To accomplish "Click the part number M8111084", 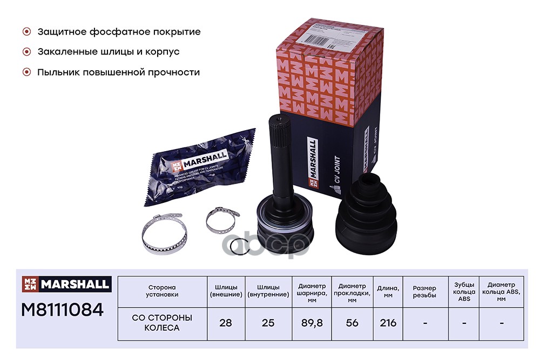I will click(x=62, y=309).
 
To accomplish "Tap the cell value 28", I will click(x=226, y=323).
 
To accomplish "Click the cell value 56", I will click(x=353, y=323).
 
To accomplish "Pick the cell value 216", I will click(x=388, y=323).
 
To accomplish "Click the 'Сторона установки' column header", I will click(x=162, y=290).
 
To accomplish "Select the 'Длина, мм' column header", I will click(x=388, y=290).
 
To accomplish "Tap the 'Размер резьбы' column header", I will click(x=426, y=290).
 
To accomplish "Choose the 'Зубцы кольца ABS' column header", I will click(x=464, y=290).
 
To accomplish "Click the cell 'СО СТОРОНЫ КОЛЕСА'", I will click(x=162, y=323).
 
